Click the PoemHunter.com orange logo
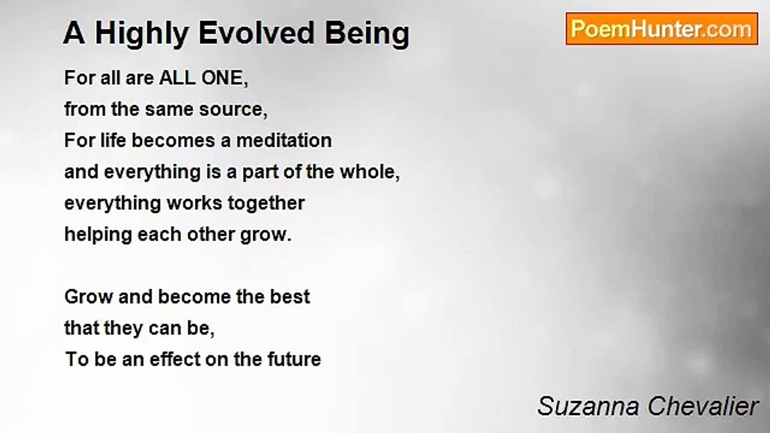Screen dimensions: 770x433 tap(662, 29)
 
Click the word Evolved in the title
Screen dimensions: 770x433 tap(256, 33)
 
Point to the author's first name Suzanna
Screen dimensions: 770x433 tap(588, 406)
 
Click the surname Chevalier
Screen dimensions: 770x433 tap(703, 406)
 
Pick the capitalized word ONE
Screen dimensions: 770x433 tap(224, 78)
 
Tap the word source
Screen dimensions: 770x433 tap(233, 110)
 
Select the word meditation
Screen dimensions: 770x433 tap(284, 140)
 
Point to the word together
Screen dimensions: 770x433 tap(266, 203)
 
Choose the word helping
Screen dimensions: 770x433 tap(98, 235)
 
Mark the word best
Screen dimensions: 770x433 tap(290, 296)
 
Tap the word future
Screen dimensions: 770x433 tap(294, 360)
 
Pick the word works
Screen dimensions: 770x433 tap(194, 203)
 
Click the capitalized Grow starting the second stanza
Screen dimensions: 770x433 tap(88, 296)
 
